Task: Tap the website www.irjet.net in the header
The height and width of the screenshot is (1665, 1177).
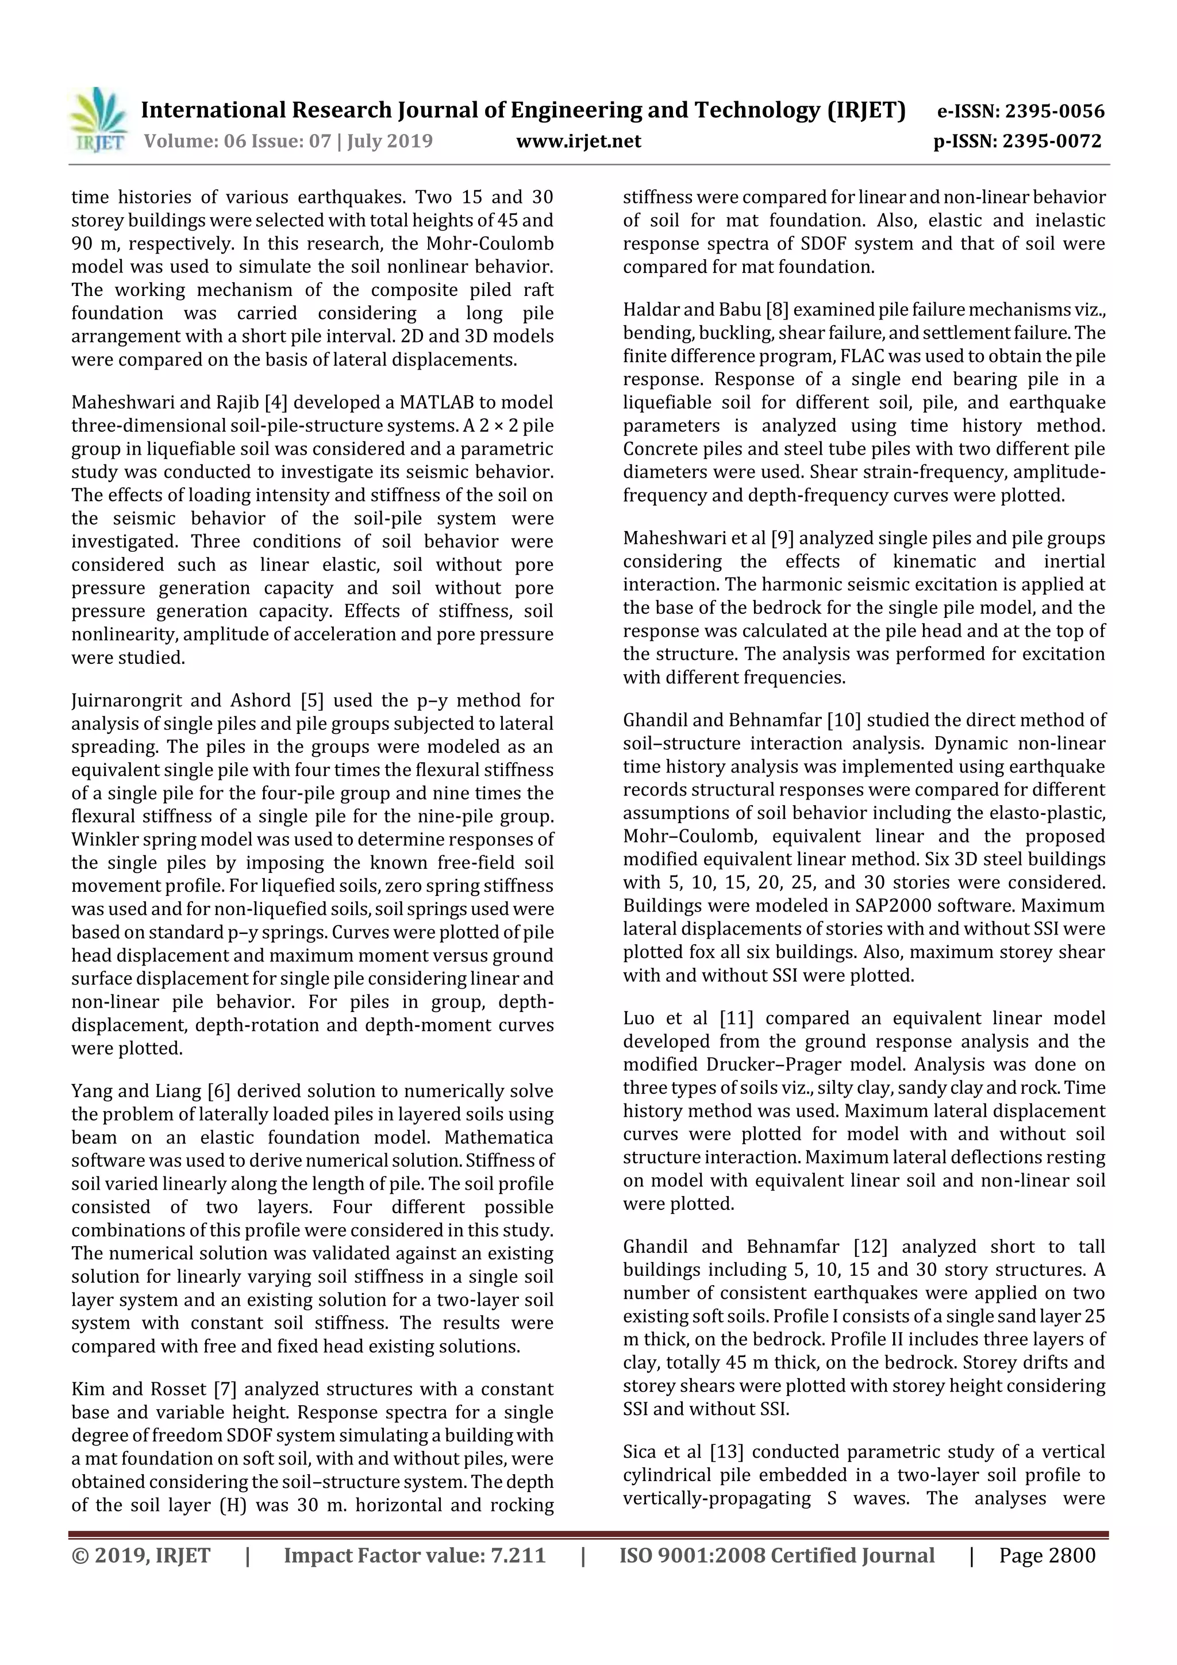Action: click(x=578, y=141)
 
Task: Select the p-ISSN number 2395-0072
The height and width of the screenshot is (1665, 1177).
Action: click(x=1052, y=141)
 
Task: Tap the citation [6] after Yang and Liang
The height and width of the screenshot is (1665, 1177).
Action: click(x=218, y=1091)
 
